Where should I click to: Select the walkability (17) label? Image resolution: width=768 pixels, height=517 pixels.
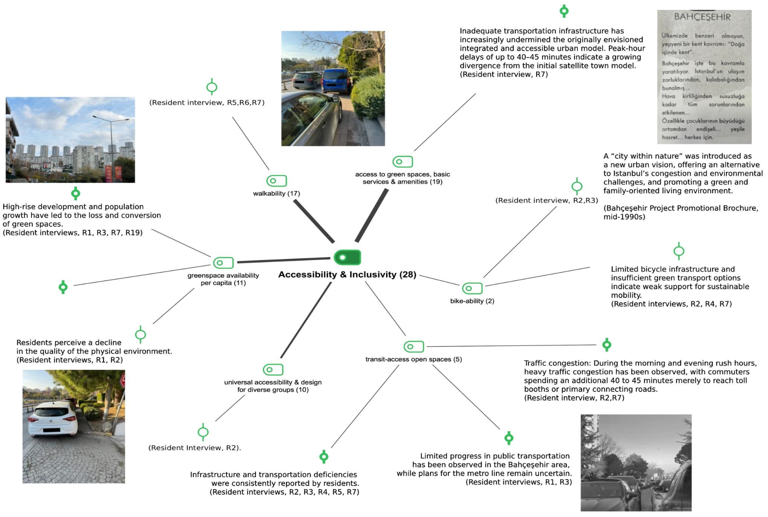point(277,193)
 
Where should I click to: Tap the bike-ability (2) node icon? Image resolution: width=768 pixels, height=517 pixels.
point(472,288)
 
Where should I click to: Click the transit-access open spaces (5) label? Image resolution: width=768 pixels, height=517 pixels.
point(413,359)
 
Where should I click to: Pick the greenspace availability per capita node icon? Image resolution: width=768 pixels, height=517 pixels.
point(223,263)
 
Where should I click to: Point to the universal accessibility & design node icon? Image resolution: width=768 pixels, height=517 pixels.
point(273,370)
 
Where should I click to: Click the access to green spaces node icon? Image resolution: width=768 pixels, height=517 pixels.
point(403,162)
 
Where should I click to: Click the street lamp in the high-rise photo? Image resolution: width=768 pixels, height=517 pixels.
point(112,145)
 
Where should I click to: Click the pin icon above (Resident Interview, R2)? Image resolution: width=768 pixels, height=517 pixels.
point(203,432)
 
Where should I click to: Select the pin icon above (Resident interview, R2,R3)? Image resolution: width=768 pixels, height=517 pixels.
point(577,186)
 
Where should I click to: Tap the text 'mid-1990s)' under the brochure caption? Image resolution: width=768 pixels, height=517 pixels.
point(624,217)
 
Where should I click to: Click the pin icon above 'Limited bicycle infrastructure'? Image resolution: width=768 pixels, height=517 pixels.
point(679,251)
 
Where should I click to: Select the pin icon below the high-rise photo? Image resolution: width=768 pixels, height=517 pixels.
point(76,193)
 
